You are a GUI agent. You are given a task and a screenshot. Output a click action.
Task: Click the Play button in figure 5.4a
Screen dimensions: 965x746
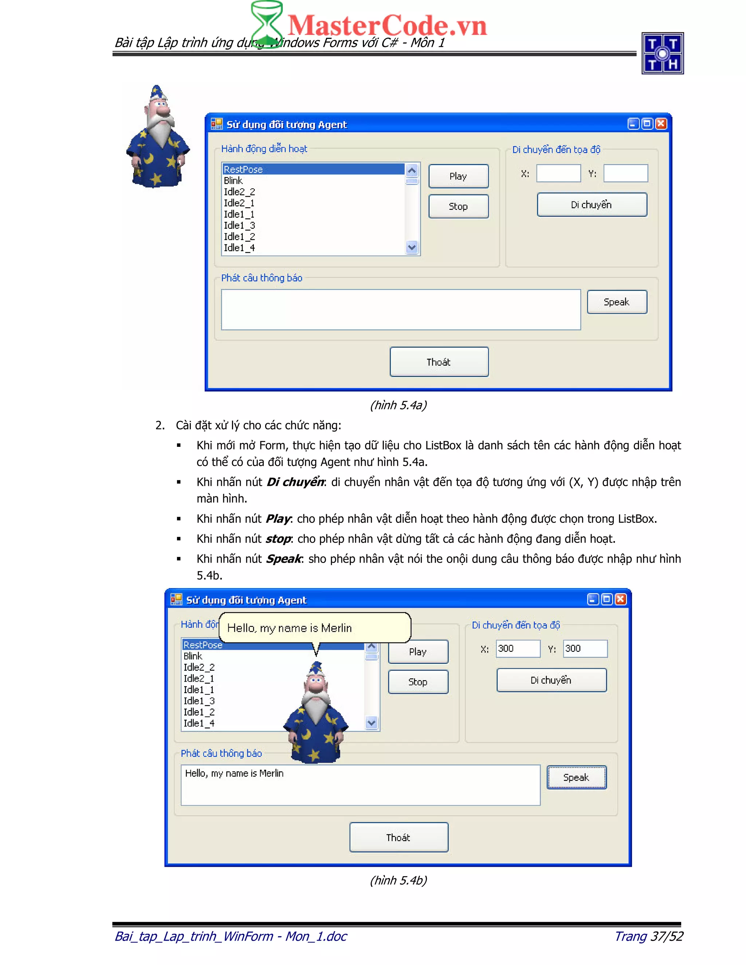pyautogui.click(x=458, y=176)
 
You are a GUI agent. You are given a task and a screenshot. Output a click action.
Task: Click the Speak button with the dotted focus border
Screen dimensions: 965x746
pyautogui.click(x=576, y=777)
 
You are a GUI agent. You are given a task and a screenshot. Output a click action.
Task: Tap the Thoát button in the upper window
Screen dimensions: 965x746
pyautogui.click(x=439, y=362)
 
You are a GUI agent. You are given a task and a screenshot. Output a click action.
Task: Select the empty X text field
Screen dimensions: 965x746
pyautogui.click(x=558, y=173)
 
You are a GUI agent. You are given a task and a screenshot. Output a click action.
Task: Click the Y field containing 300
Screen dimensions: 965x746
pyautogui.click(x=585, y=649)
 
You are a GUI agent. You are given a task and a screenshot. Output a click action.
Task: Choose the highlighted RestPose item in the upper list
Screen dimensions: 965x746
pyautogui.click(x=313, y=169)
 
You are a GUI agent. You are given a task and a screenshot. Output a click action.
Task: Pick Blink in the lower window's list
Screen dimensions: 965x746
pyautogui.click(x=193, y=656)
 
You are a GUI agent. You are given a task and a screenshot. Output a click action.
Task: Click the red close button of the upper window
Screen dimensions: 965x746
pyautogui.click(x=661, y=124)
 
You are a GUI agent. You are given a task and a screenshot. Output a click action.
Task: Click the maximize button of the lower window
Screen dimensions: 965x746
pyautogui.click(x=607, y=599)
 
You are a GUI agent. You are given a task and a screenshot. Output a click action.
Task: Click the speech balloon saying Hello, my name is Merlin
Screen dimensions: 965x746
pyautogui.click(x=314, y=628)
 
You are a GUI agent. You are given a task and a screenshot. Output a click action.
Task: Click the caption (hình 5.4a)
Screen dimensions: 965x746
pyautogui.click(x=398, y=405)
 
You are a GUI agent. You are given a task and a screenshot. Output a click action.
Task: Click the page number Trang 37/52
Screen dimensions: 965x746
pyautogui.click(x=648, y=936)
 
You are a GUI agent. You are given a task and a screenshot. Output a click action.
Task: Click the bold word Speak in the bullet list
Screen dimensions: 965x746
pyautogui.click(x=283, y=559)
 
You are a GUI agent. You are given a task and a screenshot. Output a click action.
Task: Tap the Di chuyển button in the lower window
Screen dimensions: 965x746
pyautogui.click(x=551, y=680)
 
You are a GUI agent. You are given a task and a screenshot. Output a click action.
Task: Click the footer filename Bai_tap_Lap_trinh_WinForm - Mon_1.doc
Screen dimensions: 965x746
pyautogui.click(x=231, y=936)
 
